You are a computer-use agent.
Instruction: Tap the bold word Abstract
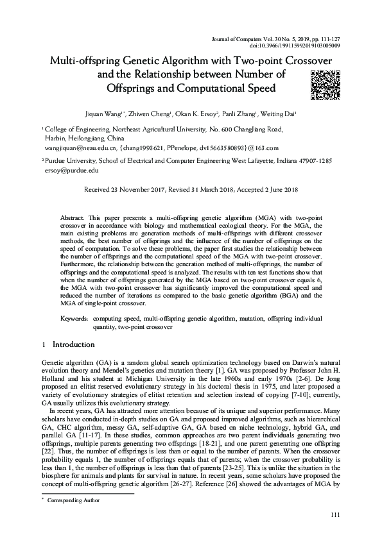(80, 219)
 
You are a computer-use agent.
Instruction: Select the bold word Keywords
(74, 318)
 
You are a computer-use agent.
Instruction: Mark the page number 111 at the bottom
(333, 516)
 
